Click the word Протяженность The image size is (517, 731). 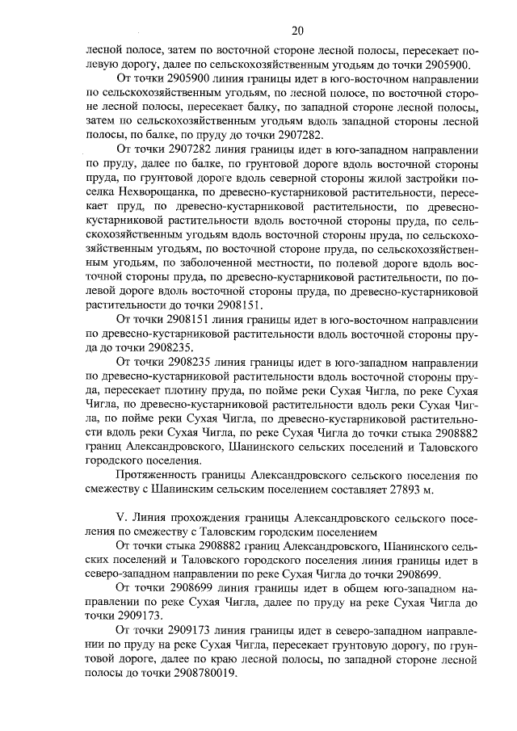(157, 476)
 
